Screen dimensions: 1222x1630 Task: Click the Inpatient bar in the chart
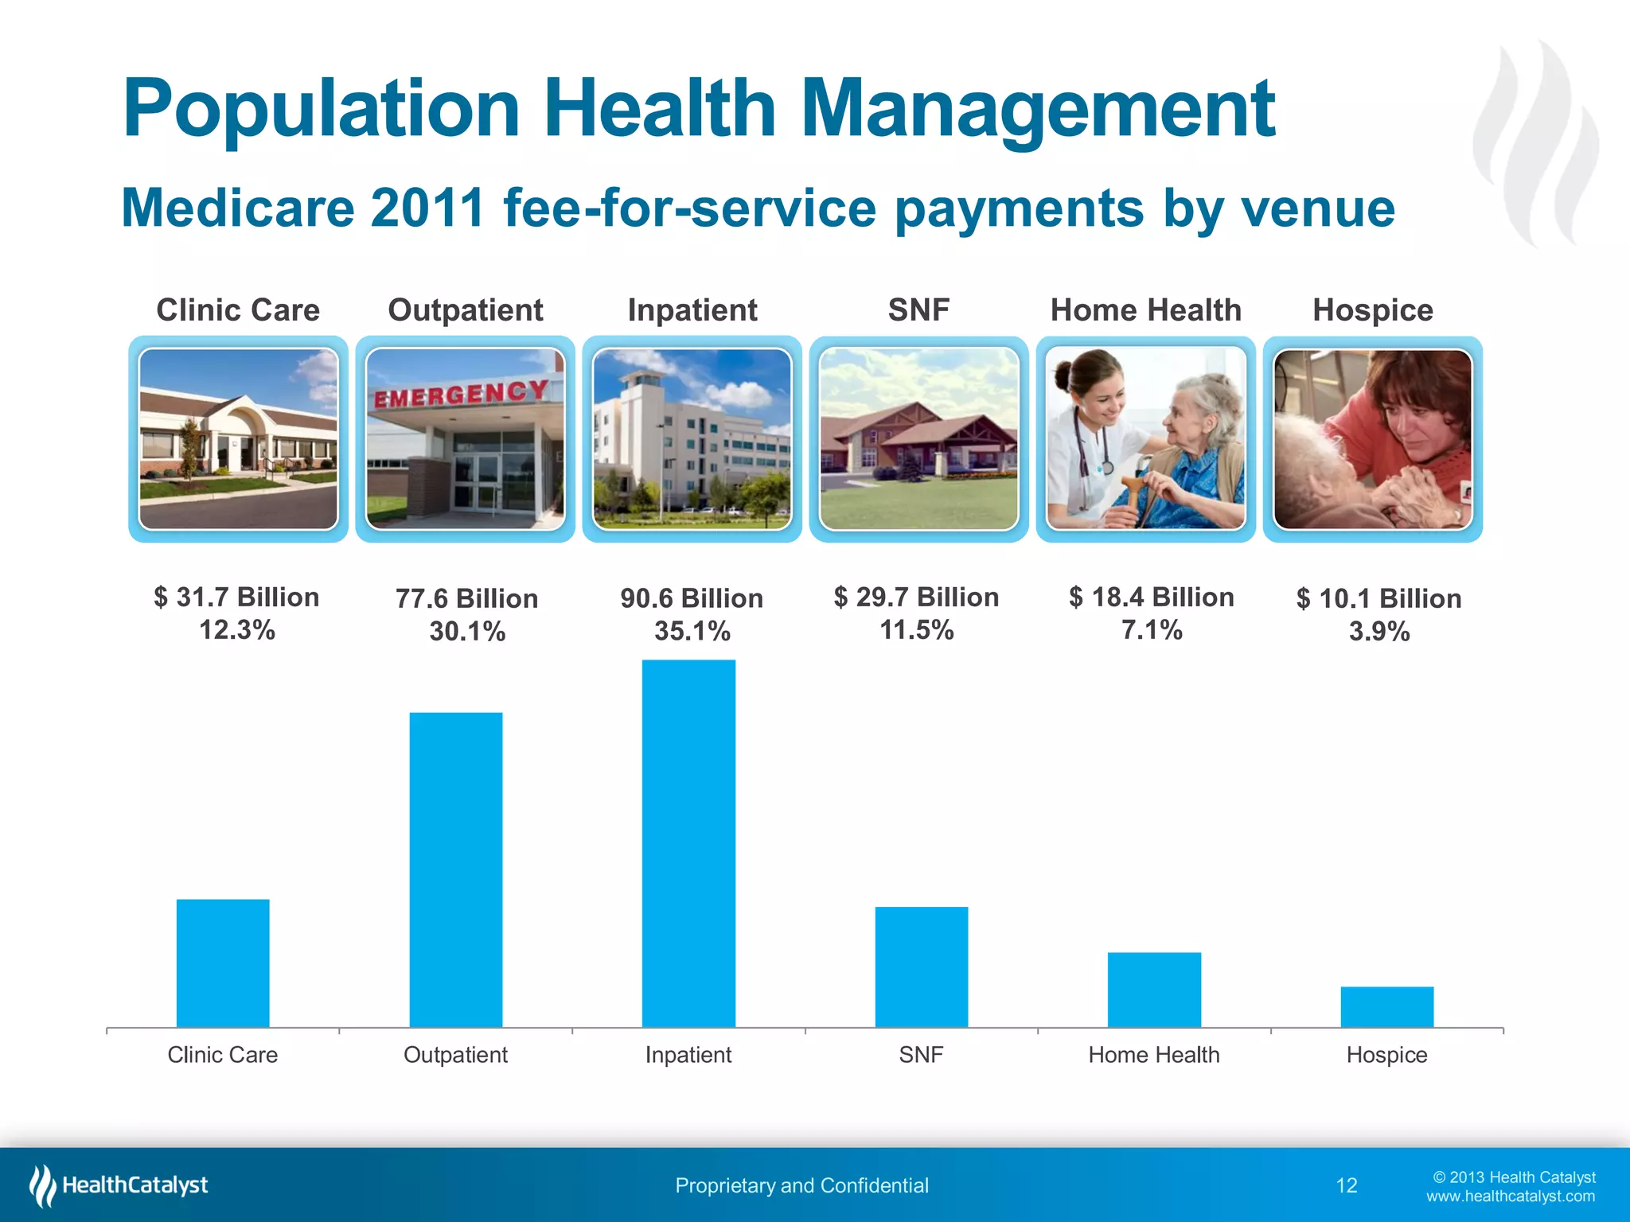[x=688, y=843]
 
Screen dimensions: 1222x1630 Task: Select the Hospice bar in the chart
[x=1386, y=1006]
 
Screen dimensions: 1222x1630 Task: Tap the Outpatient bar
[x=455, y=870]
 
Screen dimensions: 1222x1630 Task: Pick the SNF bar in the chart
[x=921, y=967]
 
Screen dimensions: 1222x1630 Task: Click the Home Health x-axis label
[x=1153, y=1055]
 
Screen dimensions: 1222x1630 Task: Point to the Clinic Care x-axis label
[x=222, y=1055]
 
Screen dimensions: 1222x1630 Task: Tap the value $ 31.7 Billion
[x=236, y=597]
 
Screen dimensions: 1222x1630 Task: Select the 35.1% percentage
[x=692, y=632]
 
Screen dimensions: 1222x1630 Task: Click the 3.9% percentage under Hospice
[x=1378, y=632]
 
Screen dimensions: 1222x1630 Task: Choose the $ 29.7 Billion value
[x=916, y=597]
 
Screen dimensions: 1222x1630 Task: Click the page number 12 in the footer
[x=1346, y=1185]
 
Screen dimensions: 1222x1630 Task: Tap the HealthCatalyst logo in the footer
[x=119, y=1185]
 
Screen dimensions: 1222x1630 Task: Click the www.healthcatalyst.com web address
[x=1510, y=1197]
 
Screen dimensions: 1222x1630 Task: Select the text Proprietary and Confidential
[x=801, y=1185]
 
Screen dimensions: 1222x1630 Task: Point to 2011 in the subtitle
[x=427, y=208]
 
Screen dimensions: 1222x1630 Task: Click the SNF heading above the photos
[x=918, y=309]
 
